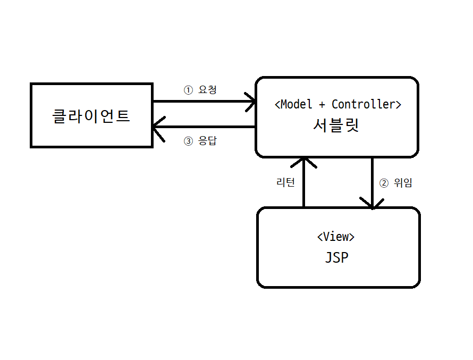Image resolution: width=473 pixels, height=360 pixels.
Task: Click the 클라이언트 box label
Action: [x=91, y=116]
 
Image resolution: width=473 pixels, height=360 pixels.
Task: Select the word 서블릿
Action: [x=336, y=125]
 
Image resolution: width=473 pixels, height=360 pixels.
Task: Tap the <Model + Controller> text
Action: [x=337, y=104]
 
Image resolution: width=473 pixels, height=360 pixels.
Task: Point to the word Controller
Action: [x=364, y=104]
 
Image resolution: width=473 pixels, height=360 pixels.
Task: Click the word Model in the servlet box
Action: [x=296, y=104]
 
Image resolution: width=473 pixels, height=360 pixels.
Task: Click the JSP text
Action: [x=336, y=258]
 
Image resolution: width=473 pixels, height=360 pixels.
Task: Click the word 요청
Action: [x=207, y=90]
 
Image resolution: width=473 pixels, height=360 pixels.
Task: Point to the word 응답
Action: [x=207, y=141]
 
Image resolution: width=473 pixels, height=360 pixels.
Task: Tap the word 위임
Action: [x=403, y=183]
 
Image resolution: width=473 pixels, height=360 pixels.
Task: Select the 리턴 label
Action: [x=285, y=182]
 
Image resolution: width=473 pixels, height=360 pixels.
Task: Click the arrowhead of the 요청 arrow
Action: [x=252, y=101]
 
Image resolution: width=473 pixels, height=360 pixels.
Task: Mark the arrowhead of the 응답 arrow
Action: [x=156, y=127]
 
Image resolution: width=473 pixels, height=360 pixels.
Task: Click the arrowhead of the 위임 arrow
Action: [x=372, y=204]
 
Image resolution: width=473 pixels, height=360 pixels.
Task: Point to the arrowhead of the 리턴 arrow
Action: [x=303, y=161]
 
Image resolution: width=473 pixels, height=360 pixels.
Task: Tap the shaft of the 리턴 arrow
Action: [x=303, y=186]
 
